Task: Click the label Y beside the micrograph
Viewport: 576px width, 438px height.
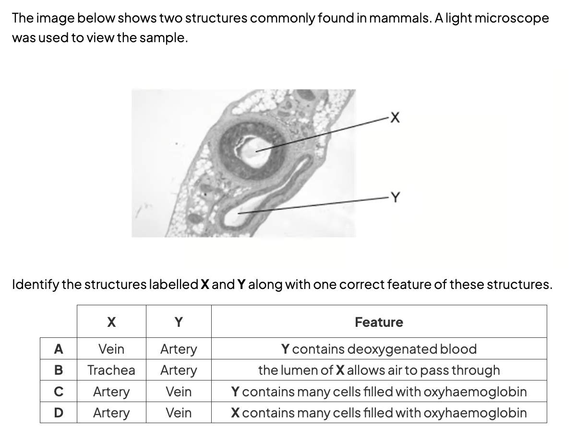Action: click(395, 197)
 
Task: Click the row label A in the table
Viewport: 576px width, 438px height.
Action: click(59, 349)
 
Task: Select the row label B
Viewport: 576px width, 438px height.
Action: click(59, 370)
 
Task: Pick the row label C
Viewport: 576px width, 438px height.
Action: click(59, 392)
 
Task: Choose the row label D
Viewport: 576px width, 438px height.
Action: click(59, 413)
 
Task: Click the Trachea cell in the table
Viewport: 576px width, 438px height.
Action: click(111, 370)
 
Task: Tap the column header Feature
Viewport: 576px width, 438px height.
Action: click(379, 322)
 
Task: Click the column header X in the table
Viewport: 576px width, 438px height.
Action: click(111, 322)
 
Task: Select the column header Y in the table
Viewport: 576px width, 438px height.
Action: click(179, 322)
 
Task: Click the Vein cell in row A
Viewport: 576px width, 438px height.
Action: click(111, 349)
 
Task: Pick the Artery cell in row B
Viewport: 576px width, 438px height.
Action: click(179, 370)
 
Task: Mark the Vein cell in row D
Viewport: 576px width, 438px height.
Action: click(179, 413)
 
